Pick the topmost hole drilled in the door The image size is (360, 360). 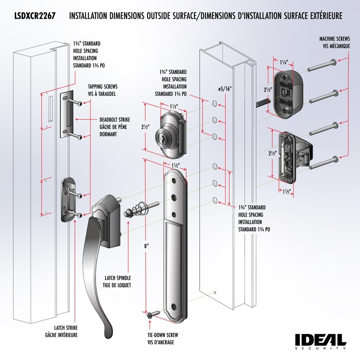point(215,104)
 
